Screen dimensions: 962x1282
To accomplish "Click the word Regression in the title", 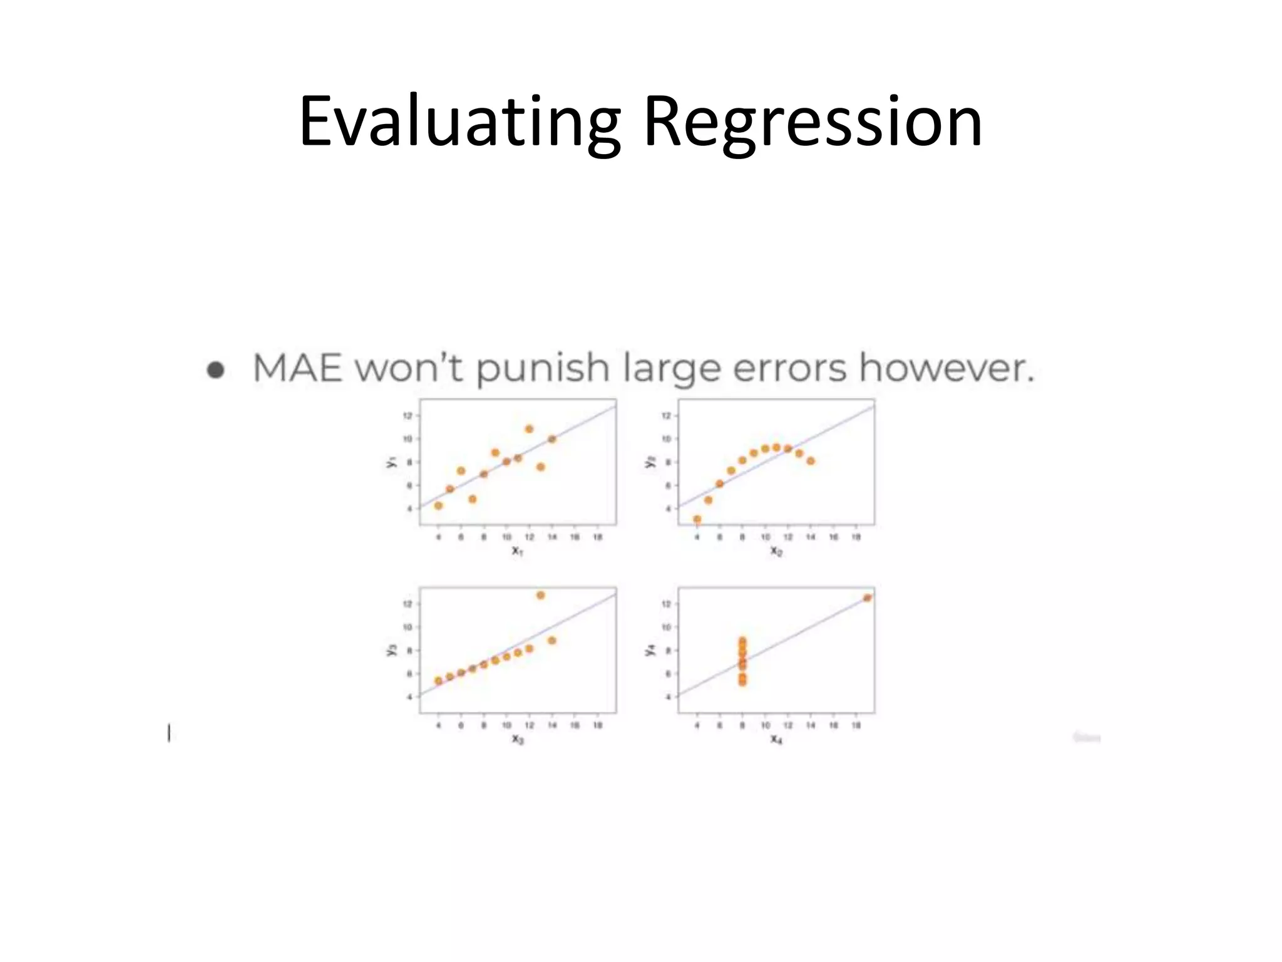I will coord(813,122).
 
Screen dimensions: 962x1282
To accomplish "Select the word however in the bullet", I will coord(945,368).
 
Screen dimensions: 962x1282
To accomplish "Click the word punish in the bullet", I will coord(542,369).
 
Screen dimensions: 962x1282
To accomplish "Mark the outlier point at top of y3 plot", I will coord(540,595).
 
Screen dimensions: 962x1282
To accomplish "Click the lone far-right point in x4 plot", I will coord(867,597).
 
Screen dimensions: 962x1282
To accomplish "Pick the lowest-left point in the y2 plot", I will coord(697,519).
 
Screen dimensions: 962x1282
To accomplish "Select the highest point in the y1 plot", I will coord(529,429).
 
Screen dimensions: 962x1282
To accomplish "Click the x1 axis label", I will coord(517,551).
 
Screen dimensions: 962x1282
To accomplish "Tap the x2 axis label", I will coord(776,551).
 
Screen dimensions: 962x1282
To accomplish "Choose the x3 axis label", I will coord(517,739).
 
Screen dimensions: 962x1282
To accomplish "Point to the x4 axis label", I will coord(776,739).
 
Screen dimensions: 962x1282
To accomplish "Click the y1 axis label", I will coord(392,462).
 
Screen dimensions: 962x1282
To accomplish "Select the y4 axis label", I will coord(650,651).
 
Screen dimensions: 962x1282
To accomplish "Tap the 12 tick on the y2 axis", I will coord(666,416).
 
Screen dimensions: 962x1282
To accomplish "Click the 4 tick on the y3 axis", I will coord(409,696).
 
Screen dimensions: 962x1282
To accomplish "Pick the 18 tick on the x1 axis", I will coord(597,537).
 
